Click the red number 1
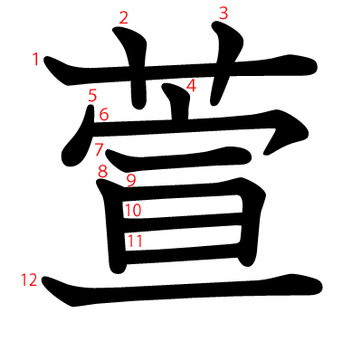[x=35, y=60]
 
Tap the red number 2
[x=124, y=16]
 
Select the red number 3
[x=224, y=13]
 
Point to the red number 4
[x=191, y=86]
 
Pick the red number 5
[x=92, y=94]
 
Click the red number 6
[x=103, y=114]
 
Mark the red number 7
[x=99, y=149]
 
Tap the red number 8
[x=103, y=171]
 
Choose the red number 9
[x=131, y=179]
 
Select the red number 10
[x=133, y=211]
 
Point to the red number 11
[x=135, y=241]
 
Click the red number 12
[x=28, y=280]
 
